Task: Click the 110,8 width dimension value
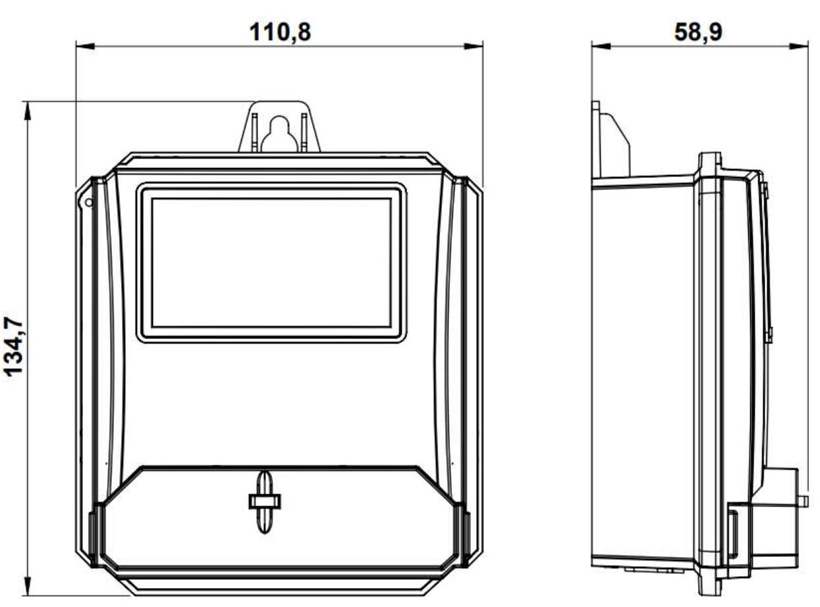point(280,32)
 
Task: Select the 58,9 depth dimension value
point(698,32)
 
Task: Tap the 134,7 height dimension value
point(14,346)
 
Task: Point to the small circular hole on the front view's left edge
point(89,202)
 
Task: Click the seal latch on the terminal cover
point(264,502)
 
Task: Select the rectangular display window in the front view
point(271,263)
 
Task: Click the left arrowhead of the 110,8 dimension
point(85,46)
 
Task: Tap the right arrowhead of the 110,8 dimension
point(474,46)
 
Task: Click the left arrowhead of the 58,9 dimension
point(601,46)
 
